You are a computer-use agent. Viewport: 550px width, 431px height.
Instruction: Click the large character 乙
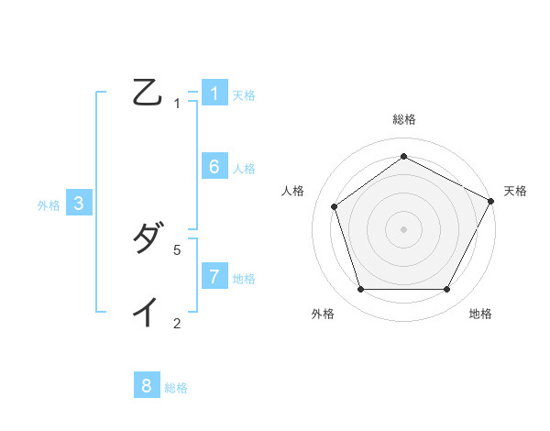(147, 93)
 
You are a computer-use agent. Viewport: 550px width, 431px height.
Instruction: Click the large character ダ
(147, 239)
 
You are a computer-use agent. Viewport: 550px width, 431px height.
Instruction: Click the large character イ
(147, 313)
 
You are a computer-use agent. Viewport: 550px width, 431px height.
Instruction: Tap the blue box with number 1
(214, 93)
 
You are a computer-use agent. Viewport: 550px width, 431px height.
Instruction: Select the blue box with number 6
(214, 166)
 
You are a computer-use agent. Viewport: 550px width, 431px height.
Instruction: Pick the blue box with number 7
(214, 276)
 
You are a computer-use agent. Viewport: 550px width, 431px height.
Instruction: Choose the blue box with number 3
(79, 204)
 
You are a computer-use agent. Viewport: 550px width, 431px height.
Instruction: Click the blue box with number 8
(147, 386)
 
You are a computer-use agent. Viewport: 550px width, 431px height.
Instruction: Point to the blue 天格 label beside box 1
(244, 94)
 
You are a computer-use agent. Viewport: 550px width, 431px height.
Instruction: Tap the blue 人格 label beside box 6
(244, 168)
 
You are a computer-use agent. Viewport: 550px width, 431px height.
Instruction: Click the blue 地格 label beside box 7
(244, 278)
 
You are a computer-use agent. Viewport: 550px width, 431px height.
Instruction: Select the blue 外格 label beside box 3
(49, 205)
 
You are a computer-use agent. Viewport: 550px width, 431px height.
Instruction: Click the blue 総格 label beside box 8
(176, 388)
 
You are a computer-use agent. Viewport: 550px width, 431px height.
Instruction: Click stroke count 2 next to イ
(178, 323)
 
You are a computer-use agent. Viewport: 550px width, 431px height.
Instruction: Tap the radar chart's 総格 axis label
(403, 119)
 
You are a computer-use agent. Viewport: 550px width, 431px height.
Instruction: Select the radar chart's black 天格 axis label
(515, 191)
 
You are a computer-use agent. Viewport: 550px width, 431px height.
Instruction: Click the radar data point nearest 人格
(335, 206)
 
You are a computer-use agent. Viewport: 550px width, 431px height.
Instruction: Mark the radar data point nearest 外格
(360, 290)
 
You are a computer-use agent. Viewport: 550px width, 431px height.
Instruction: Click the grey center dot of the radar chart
(403, 228)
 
